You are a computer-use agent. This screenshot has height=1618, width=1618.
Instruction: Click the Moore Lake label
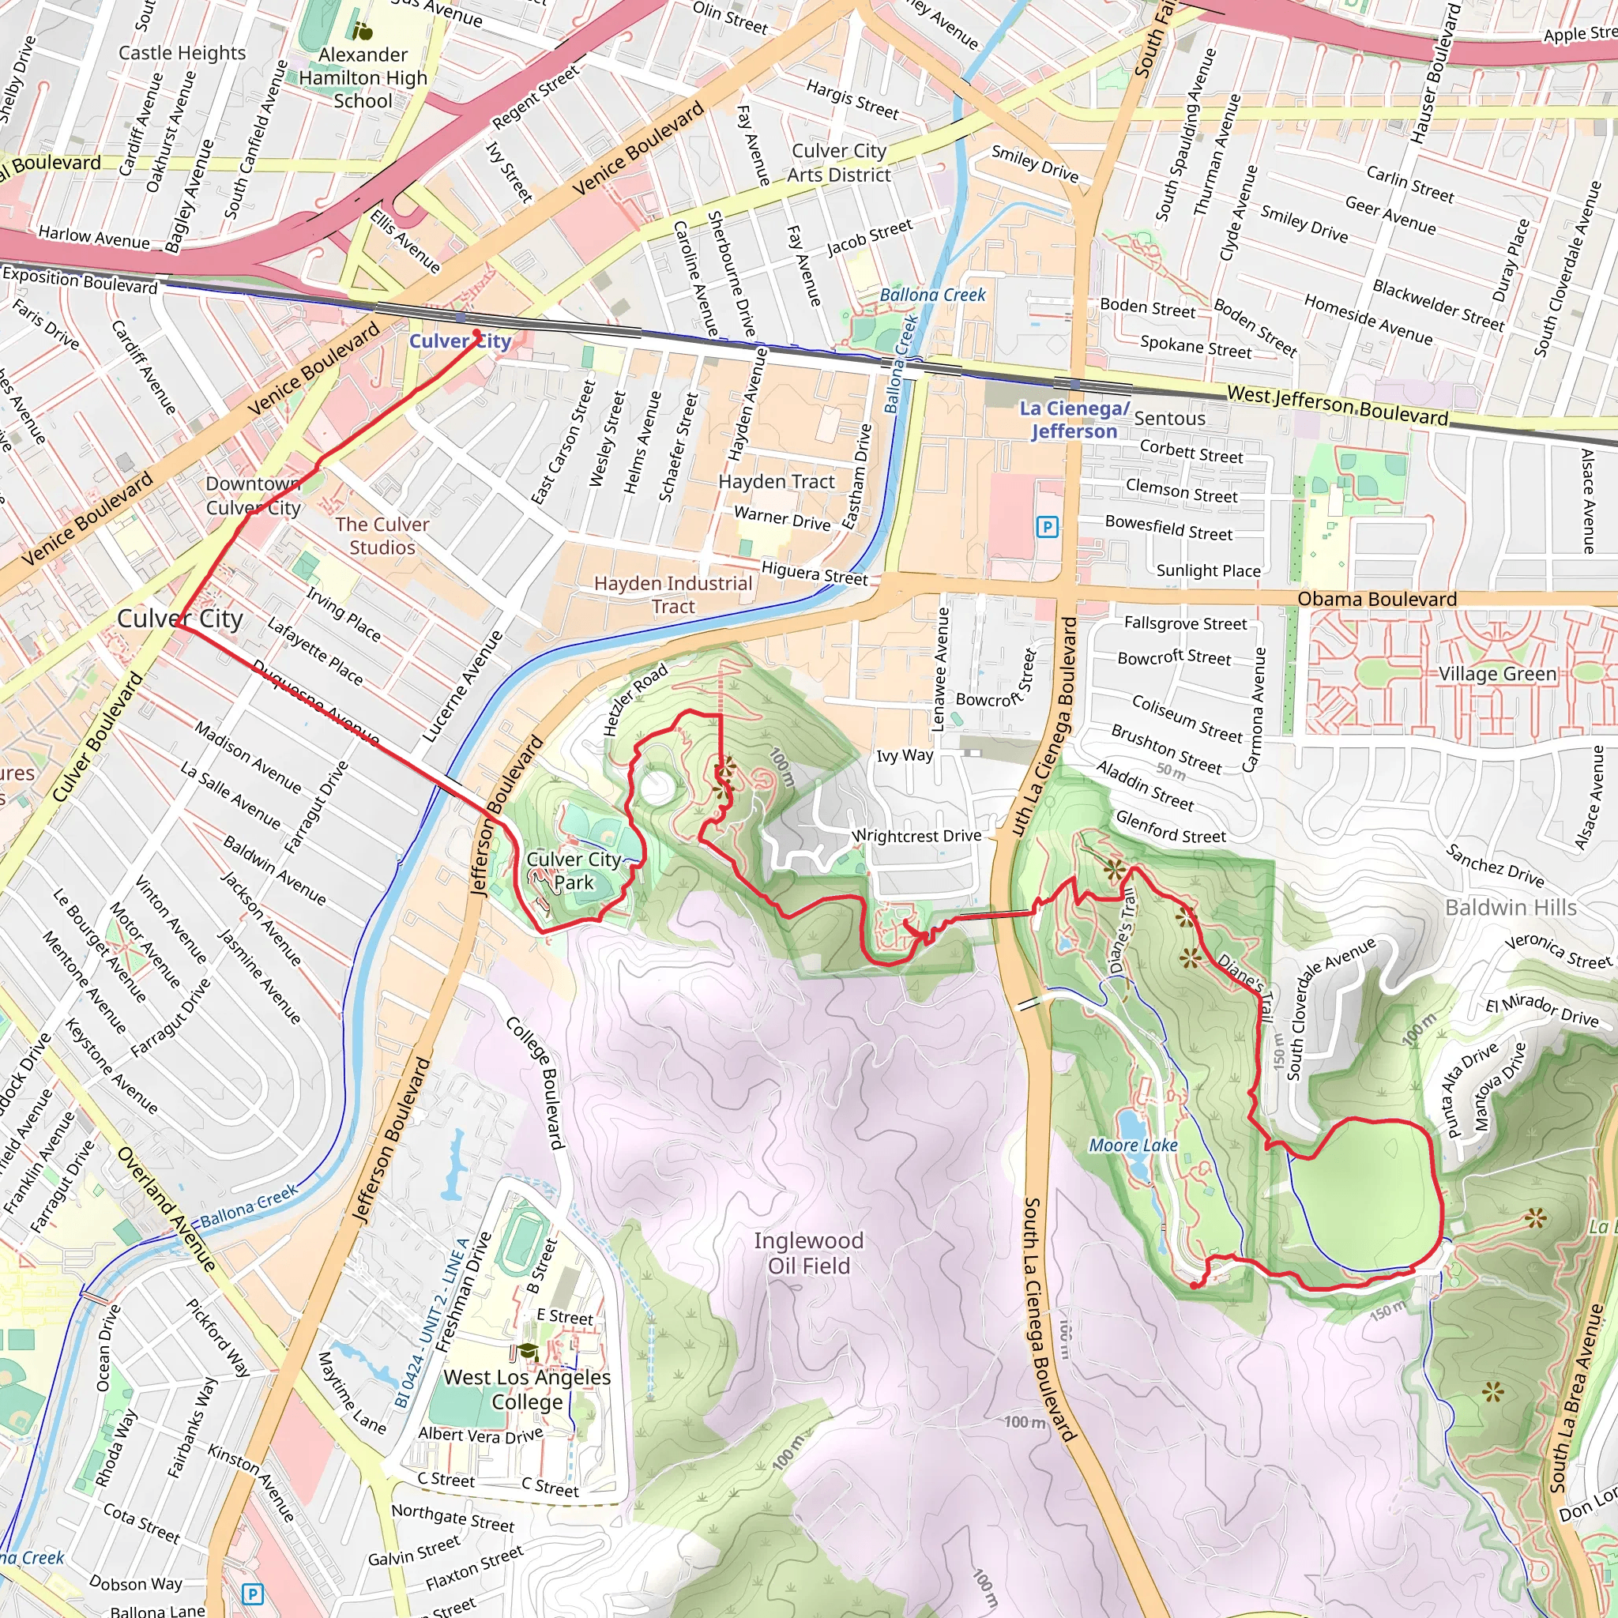tap(1132, 1145)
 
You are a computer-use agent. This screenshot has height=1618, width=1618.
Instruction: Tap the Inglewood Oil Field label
tap(808, 1253)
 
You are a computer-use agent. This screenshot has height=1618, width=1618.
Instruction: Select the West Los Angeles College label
tap(527, 1390)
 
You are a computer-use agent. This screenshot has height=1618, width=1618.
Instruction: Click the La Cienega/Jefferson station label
tap(1074, 420)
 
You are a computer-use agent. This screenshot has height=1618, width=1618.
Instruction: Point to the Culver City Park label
tap(574, 870)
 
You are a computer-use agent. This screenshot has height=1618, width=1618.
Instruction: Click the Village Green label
tap(1497, 673)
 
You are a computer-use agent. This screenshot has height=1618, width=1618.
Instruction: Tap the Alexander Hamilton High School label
tap(363, 78)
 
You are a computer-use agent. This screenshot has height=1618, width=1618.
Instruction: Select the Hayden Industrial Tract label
tap(673, 595)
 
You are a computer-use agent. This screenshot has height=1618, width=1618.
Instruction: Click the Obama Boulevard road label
tap(1377, 599)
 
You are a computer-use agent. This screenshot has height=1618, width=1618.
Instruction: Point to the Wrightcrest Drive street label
tap(916, 836)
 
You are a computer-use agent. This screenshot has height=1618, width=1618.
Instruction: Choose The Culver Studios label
tap(382, 536)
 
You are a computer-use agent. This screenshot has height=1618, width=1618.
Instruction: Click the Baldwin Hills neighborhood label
tap(1511, 907)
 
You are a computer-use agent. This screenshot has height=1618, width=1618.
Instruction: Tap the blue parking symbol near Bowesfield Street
tap(1047, 527)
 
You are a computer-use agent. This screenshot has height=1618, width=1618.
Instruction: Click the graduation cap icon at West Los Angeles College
tap(526, 1350)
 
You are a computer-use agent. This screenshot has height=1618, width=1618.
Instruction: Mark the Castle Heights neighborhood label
tap(182, 53)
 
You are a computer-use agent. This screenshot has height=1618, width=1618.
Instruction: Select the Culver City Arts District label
tap(839, 163)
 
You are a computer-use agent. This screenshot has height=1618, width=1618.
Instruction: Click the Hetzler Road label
tap(636, 699)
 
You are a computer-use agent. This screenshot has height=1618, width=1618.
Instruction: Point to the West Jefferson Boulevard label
tap(1338, 404)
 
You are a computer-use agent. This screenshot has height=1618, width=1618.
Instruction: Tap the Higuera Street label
tap(814, 574)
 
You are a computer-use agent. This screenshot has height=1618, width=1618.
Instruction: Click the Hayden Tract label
tap(777, 482)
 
